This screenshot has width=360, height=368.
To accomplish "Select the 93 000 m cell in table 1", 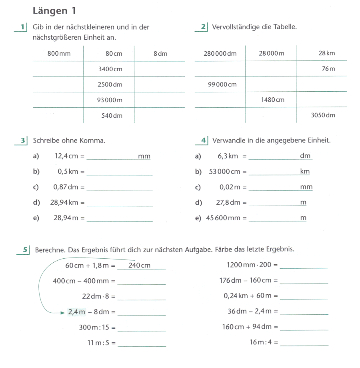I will click(110, 100).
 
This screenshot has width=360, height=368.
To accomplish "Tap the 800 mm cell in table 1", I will click(59, 54).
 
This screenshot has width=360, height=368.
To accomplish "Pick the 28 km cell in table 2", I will click(327, 54).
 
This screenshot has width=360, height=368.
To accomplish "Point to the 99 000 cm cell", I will click(222, 84).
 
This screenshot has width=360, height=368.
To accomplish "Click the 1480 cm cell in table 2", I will click(272, 100).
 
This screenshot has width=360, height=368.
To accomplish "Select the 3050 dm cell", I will click(323, 115).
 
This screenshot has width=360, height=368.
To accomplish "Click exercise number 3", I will click(23, 141).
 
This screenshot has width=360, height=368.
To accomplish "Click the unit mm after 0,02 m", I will click(306, 187).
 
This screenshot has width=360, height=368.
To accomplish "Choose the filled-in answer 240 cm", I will click(139, 265).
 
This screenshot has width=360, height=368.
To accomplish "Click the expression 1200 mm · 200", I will click(249, 265).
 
